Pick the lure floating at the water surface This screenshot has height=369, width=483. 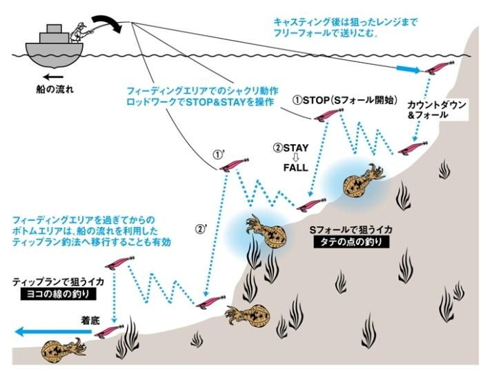click(x=437, y=69)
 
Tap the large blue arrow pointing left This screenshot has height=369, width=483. click(x=48, y=332)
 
